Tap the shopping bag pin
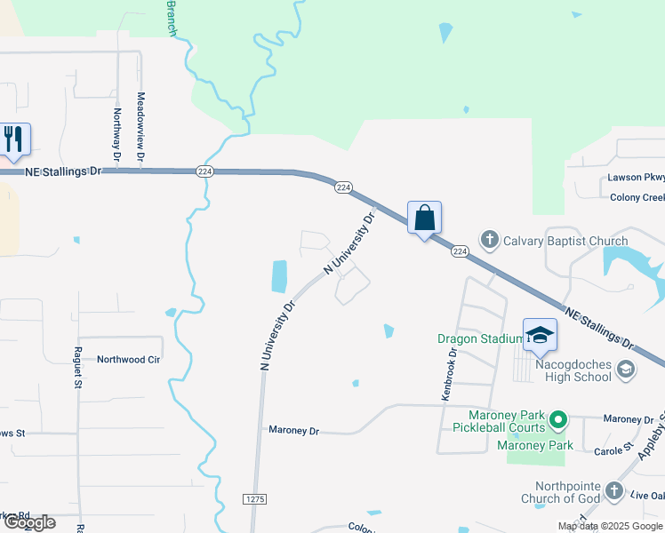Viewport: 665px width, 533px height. click(425, 218)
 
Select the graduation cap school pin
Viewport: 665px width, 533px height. click(540, 336)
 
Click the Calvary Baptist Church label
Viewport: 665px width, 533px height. click(565, 241)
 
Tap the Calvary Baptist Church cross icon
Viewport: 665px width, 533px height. click(489, 240)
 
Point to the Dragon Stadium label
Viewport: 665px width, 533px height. click(480, 338)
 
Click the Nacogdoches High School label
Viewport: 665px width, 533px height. click(574, 370)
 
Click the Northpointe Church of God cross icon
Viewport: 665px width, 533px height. click(613, 490)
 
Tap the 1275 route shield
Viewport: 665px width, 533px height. click(255, 500)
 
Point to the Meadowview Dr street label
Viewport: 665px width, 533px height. click(140, 128)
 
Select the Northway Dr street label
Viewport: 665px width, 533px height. click(117, 136)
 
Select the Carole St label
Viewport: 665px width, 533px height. click(613, 450)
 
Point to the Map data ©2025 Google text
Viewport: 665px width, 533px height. click(610, 527)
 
